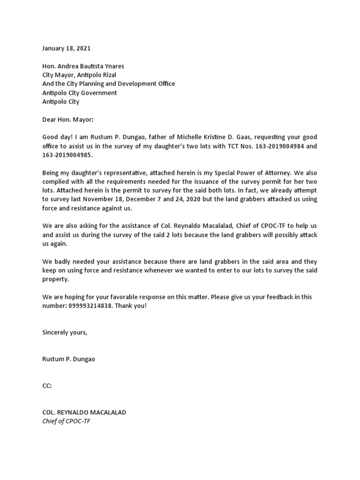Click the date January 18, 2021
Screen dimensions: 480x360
coord(66,48)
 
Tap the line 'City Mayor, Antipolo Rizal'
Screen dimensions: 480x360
coord(79,75)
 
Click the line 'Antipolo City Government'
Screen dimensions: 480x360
coord(79,93)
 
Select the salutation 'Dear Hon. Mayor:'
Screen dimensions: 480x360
coord(68,120)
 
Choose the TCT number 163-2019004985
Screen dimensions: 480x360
coord(67,155)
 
